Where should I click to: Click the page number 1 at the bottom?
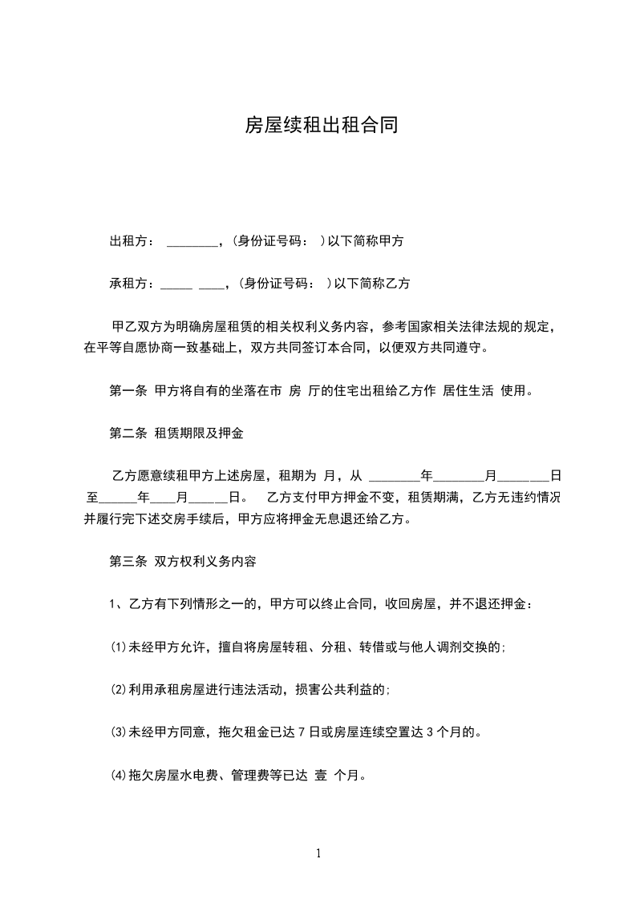tap(318, 853)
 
